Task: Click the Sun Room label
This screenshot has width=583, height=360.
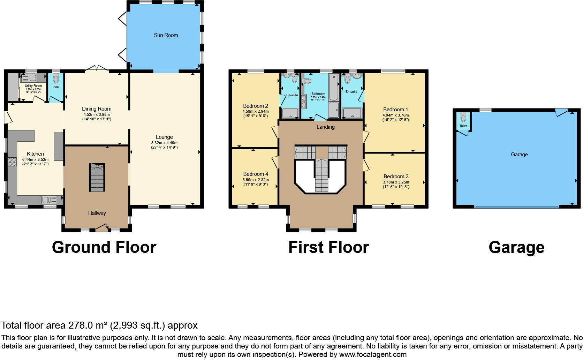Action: [166, 35]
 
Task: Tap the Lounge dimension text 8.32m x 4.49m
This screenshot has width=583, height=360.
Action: [164, 143]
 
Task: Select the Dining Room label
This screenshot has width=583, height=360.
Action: [97, 109]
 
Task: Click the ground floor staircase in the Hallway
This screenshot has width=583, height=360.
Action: [97, 177]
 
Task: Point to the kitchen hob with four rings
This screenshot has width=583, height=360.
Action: [12, 162]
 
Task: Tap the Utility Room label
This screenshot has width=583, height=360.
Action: [33, 86]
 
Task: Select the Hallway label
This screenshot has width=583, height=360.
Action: [97, 213]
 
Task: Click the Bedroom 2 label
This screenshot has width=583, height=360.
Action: [255, 106]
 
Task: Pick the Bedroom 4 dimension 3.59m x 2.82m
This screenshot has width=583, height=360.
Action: [256, 180]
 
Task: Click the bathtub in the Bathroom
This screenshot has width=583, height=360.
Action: [334, 87]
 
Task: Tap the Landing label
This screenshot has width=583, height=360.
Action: [326, 127]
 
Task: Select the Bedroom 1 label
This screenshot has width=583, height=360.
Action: [395, 109]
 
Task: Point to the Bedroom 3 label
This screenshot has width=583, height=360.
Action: [396, 177]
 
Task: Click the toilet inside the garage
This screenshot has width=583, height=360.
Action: [463, 117]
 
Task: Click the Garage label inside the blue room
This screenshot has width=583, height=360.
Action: [519, 155]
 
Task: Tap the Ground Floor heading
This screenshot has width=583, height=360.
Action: [104, 247]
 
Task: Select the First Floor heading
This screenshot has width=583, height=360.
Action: [329, 247]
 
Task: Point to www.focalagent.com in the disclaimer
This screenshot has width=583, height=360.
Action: [373, 354]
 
